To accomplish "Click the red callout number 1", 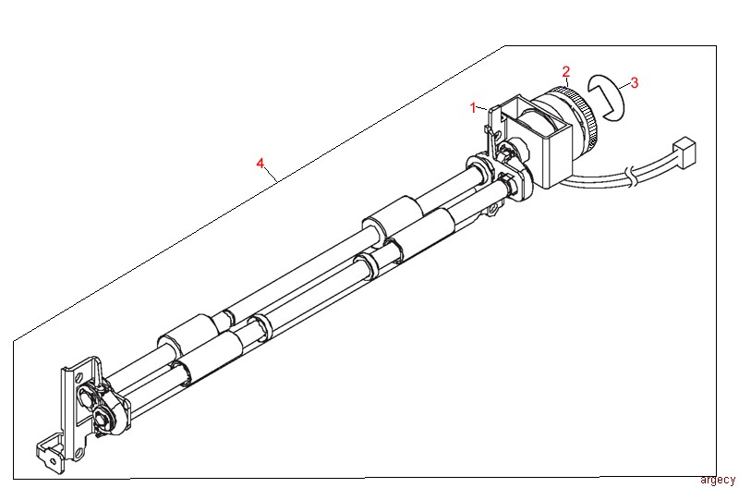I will point(473,108).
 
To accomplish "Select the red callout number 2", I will point(566,71).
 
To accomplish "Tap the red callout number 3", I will point(634,82).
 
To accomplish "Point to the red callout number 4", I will point(260,164).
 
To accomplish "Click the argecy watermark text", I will point(717,479).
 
